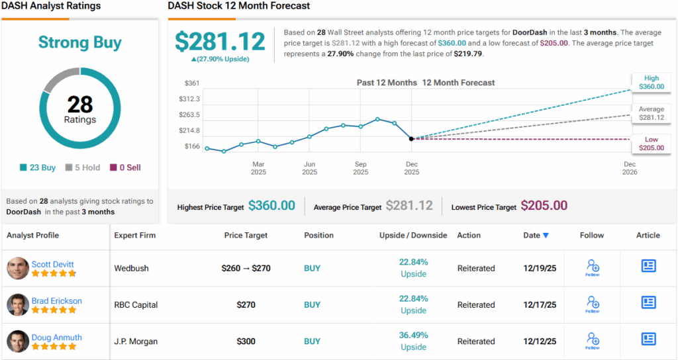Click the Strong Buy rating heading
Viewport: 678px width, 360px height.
[x=79, y=43]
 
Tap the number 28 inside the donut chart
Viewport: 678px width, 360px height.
[x=80, y=105]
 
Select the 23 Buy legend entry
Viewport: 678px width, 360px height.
[x=38, y=167]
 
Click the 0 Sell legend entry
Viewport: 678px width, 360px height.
[x=125, y=167]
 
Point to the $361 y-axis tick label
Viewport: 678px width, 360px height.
[x=191, y=83]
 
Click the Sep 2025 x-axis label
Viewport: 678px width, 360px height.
[x=360, y=168]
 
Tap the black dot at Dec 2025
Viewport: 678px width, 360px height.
[x=411, y=139]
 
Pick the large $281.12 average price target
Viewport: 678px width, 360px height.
[x=220, y=41]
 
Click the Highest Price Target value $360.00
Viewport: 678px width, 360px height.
[x=271, y=206]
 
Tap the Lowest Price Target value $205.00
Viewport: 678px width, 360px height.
[x=544, y=206]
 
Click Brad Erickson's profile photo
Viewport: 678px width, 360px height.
[x=18, y=304]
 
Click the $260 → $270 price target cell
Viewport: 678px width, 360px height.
[x=246, y=269]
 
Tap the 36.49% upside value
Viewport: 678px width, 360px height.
[x=413, y=335]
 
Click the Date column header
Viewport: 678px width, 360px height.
[x=536, y=235]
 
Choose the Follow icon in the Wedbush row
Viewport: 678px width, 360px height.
[x=593, y=267]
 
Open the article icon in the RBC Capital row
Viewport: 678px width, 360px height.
[x=648, y=302]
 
